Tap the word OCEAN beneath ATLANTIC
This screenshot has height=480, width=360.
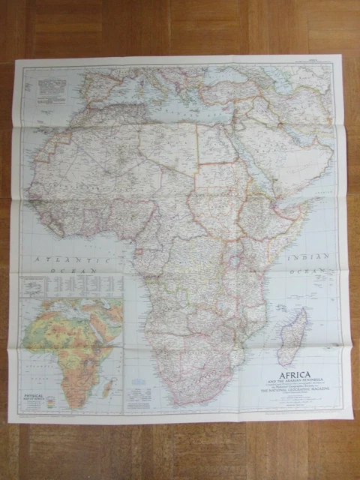click(78, 268)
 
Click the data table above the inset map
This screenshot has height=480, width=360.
click(71, 285)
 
